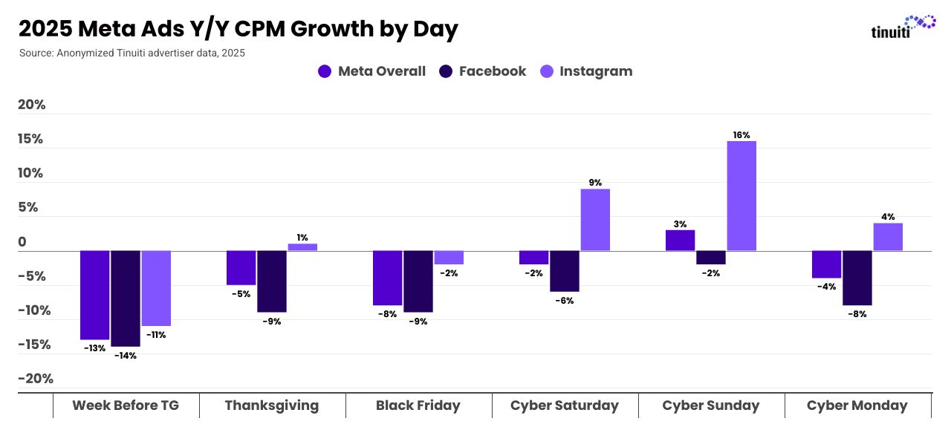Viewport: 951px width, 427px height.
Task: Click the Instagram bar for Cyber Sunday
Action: [x=741, y=196]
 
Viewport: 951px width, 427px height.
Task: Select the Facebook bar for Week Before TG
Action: [x=126, y=299]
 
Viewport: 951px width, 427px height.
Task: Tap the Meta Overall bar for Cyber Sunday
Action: [x=680, y=241]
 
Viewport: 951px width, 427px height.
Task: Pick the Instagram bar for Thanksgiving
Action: [x=302, y=247]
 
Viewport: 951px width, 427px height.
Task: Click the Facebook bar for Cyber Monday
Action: [x=857, y=278]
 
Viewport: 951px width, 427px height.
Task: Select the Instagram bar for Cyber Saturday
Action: [x=595, y=220]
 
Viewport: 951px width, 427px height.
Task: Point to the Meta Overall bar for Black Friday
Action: [x=387, y=278]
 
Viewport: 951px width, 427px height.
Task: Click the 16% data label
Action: [x=741, y=135]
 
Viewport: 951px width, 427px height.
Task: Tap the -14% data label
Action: [x=126, y=356]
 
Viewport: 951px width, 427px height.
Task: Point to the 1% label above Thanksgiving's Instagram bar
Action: [x=302, y=238]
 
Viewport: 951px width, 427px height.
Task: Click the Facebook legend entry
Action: [x=482, y=71]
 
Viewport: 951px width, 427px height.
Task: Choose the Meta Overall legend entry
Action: [x=371, y=71]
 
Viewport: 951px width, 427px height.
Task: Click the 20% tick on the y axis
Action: [x=32, y=105]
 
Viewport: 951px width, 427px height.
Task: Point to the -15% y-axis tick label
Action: [x=34, y=345]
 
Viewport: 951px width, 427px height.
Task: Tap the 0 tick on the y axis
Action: [x=22, y=242]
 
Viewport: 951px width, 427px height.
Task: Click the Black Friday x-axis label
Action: [x=418, y=405]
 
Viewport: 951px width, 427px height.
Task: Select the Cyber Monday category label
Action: [x=857, y=405]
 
